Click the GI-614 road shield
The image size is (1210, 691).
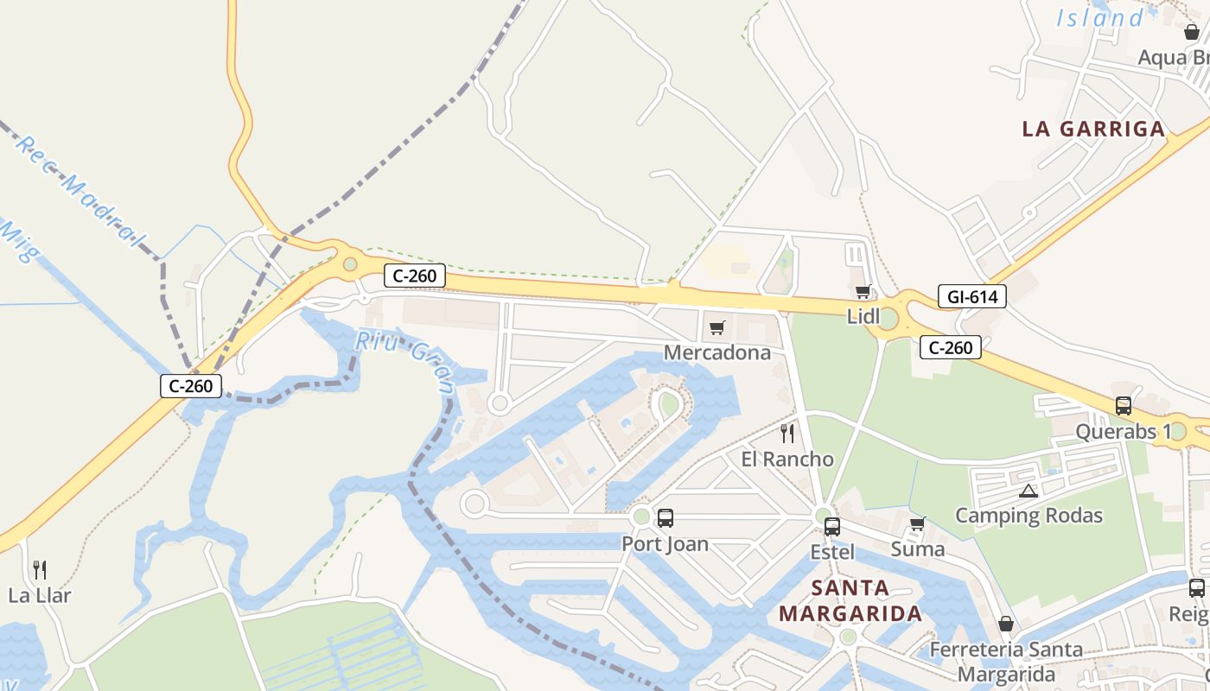coord(972,297)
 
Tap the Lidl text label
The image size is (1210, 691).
coord(863,316)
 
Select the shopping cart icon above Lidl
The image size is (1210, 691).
coord(863,291)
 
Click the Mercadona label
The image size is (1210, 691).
coord(716,352)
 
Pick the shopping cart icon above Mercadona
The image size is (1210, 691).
coord(716,327)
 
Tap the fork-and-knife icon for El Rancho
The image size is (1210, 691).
coord(786,433)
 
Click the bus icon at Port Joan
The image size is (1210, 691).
coord(665,518)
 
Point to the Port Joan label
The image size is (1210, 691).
coord(665,544)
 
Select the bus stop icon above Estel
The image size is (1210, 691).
coord(831,526)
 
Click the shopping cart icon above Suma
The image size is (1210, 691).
coord(917,523)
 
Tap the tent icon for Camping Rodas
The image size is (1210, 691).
coord(1028,491)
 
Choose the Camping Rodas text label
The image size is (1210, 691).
coord(1028,516)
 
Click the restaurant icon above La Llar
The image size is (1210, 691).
coord(39,569)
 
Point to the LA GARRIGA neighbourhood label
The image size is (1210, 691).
coord(1093,130)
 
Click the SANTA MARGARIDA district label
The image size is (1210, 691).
coord(850,601)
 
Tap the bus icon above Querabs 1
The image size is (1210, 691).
coord(1123,405)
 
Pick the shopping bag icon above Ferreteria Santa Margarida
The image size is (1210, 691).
coord(1005,624)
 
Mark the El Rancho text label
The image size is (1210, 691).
coord(786,459)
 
